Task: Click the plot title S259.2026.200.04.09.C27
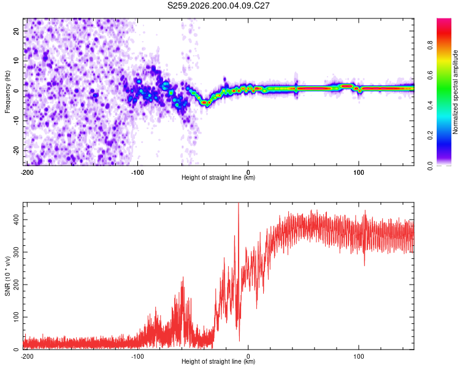coord(218,6)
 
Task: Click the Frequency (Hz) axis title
coord(7,92)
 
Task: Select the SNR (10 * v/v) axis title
coord(7,276)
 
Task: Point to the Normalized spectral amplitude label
coord(455,92)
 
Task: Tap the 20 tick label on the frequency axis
coord(16,31)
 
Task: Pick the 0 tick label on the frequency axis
coord(16,91)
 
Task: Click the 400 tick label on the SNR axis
coord(16,220)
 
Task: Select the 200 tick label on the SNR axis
coord(16,285)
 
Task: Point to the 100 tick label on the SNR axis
coord(16,317)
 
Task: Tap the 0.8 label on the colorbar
coord(430,45)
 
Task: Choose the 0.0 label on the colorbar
coord(430,166)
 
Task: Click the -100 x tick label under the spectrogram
coord(137,172)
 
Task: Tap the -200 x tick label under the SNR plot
coord(27,356)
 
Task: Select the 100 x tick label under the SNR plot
coord(359,356)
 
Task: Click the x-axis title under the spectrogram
coord(218,177)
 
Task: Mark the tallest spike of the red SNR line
coord(239,204)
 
